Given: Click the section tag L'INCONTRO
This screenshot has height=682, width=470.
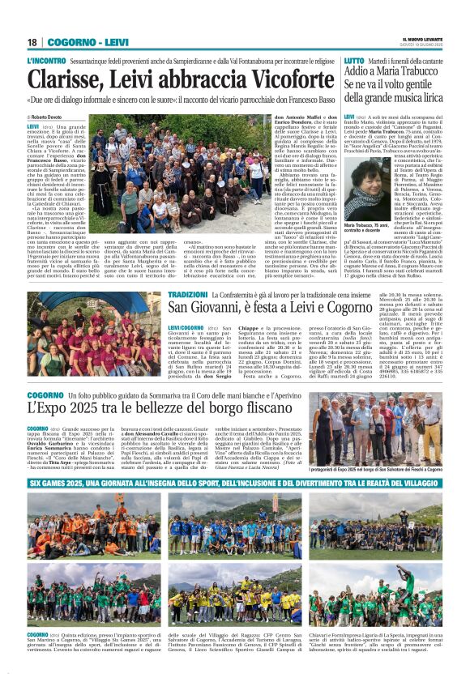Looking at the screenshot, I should (46, 61).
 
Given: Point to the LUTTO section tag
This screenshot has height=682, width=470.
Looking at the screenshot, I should (354, 61).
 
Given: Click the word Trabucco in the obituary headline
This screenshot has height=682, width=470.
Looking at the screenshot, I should (424, 73).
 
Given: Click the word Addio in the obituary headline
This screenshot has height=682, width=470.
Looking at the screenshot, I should (361, 73).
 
